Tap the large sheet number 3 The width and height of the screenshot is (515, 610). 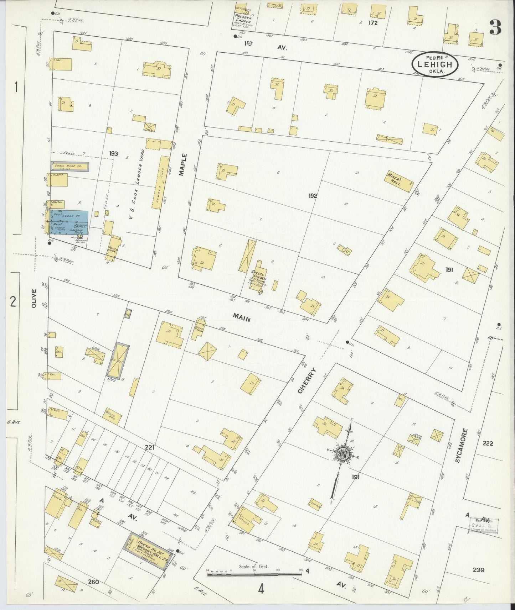coord(496,27)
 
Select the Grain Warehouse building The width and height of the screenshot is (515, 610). coord(70,166)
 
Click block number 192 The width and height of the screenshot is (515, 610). coord(313,196)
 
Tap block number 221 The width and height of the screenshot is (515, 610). coord(149,448)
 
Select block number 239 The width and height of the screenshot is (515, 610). coord(478,570)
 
